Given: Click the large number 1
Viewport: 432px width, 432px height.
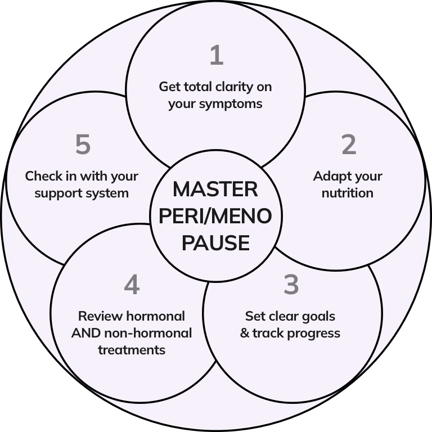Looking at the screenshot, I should click(x=217, y=56).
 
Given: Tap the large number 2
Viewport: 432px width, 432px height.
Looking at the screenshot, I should click(x=349, y=145).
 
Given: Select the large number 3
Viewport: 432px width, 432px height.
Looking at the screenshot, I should click(x=291, y=285).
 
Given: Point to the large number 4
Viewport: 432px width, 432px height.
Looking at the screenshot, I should click(x=132, y=285).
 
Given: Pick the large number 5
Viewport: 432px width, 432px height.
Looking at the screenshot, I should click(x=83, y=145).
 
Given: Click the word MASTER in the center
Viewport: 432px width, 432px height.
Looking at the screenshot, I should click(x=215, y=189).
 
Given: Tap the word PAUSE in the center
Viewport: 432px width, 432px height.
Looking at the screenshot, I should click(x=215, y=243).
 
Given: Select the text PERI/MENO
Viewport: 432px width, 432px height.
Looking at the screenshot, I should click(x=215, y=216).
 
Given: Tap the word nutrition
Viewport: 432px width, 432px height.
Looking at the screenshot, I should click(x=348, y=193).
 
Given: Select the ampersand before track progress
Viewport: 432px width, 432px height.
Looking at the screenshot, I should click(x=245, y=333).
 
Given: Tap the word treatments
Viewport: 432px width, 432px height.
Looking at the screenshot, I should click(x=132, y=350).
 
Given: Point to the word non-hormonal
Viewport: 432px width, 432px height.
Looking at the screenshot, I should click(x=148, y=333).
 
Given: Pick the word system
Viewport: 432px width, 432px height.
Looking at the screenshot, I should click(x=110, y=193).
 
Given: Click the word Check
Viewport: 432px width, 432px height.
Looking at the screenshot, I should click(x=43, y=176).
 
